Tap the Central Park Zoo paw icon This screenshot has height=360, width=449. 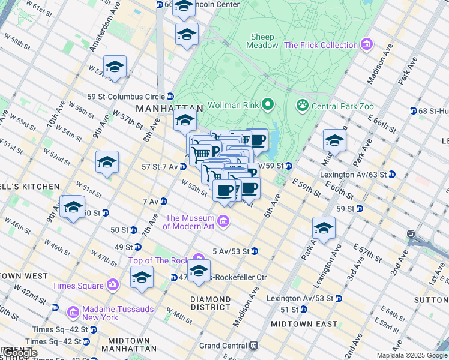[302, 106]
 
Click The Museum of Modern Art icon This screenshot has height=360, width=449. [223, 223]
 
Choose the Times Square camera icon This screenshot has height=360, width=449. [112, 284]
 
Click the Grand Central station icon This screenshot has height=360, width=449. [254, 346]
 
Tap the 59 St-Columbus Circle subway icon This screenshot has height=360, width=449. [170, 96]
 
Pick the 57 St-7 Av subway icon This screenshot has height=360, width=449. [182, 166]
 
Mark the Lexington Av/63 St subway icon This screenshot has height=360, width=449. [391, 175]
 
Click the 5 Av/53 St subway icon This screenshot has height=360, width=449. [255, 251]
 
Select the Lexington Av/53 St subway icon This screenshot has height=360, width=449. [339, 298]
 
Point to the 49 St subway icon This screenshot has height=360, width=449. [138, 247]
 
